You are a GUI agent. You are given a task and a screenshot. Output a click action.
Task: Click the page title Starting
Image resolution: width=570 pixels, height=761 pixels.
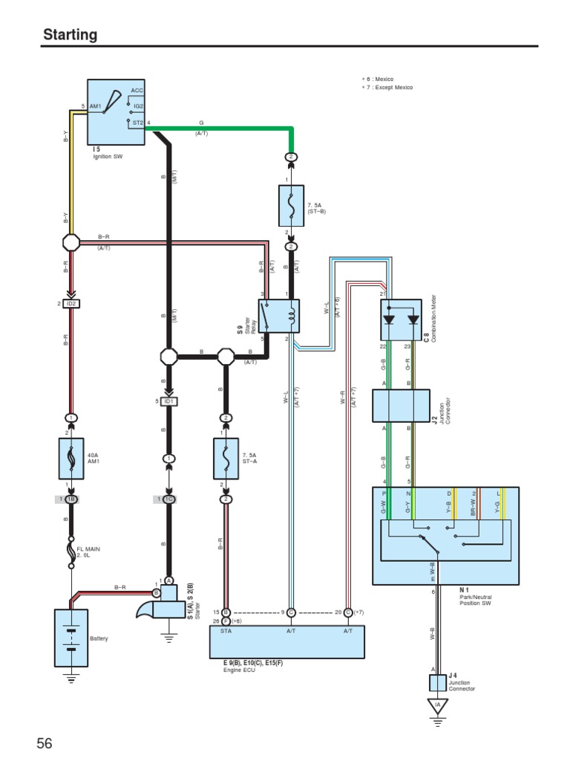(71, 35)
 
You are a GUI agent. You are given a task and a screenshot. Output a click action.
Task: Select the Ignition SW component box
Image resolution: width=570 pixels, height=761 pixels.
(117, 111)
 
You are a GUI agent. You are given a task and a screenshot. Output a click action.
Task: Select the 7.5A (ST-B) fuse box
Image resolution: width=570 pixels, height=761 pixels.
(291, 206)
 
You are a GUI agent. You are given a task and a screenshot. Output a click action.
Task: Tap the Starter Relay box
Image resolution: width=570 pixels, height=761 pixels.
(278, 317)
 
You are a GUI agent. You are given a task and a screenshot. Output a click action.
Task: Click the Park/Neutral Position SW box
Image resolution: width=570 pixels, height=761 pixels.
(445, 535)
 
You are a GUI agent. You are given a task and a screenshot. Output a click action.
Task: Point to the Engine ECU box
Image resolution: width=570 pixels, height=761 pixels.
(287, 641)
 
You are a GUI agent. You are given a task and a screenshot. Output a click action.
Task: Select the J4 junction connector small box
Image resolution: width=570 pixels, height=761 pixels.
(439, 679)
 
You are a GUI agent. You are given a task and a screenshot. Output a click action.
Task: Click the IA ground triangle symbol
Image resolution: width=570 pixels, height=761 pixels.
(438, 706)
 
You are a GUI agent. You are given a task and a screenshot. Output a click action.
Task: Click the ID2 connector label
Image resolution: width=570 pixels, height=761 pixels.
(71, 304)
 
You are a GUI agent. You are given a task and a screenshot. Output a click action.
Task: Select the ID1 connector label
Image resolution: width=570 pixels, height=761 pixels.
(169, 402)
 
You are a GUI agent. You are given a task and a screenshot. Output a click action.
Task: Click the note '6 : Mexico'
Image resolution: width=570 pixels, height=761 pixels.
(379, 80)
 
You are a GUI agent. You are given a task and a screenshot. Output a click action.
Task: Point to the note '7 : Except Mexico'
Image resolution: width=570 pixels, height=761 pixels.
(388, 88)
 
